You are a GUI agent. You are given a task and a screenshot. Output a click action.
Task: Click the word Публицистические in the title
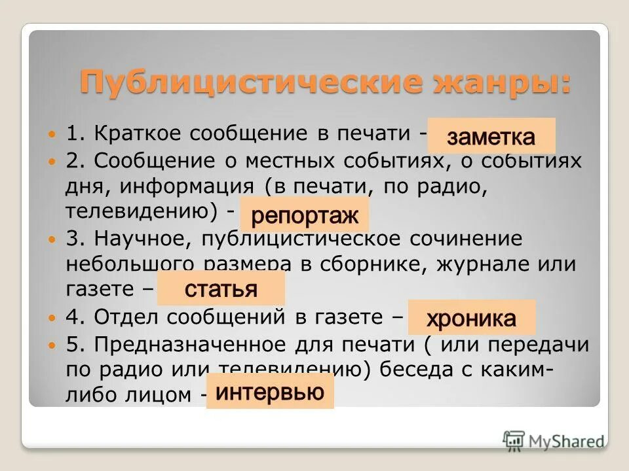coord(217,83)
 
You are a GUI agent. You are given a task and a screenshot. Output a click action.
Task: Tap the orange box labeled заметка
coord(491,137)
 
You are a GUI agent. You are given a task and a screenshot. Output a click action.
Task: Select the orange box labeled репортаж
coord(305,215)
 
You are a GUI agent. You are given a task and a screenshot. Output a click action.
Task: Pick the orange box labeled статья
coord(221,288)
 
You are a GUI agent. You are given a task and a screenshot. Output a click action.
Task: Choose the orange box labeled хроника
coord(472,319)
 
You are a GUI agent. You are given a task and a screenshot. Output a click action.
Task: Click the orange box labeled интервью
coord(270,392)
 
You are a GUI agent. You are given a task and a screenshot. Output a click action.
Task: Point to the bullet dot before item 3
coord(52,240)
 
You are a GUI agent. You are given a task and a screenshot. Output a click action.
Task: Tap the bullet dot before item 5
coord(52,343)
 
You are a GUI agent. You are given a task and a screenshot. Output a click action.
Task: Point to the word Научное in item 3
coord(136,239)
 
